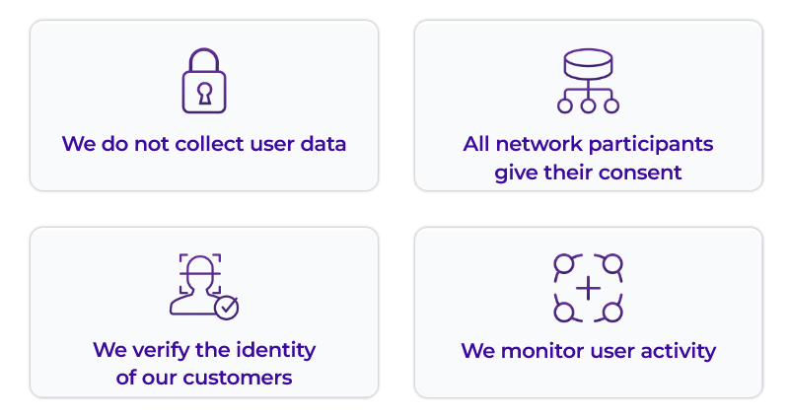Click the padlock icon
click(x=204, y=81)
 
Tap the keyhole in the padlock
click(x=204, y=93)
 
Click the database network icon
click(x=588, y=81)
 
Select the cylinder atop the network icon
click(x=588, y=64)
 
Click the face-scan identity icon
click(x=203, y=286)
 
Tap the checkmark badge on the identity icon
click(x=227, y=308)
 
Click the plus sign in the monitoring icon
click(x=588, y=289)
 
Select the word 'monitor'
click(x=540, y=351)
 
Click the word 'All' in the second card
click(x=477, y=144)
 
